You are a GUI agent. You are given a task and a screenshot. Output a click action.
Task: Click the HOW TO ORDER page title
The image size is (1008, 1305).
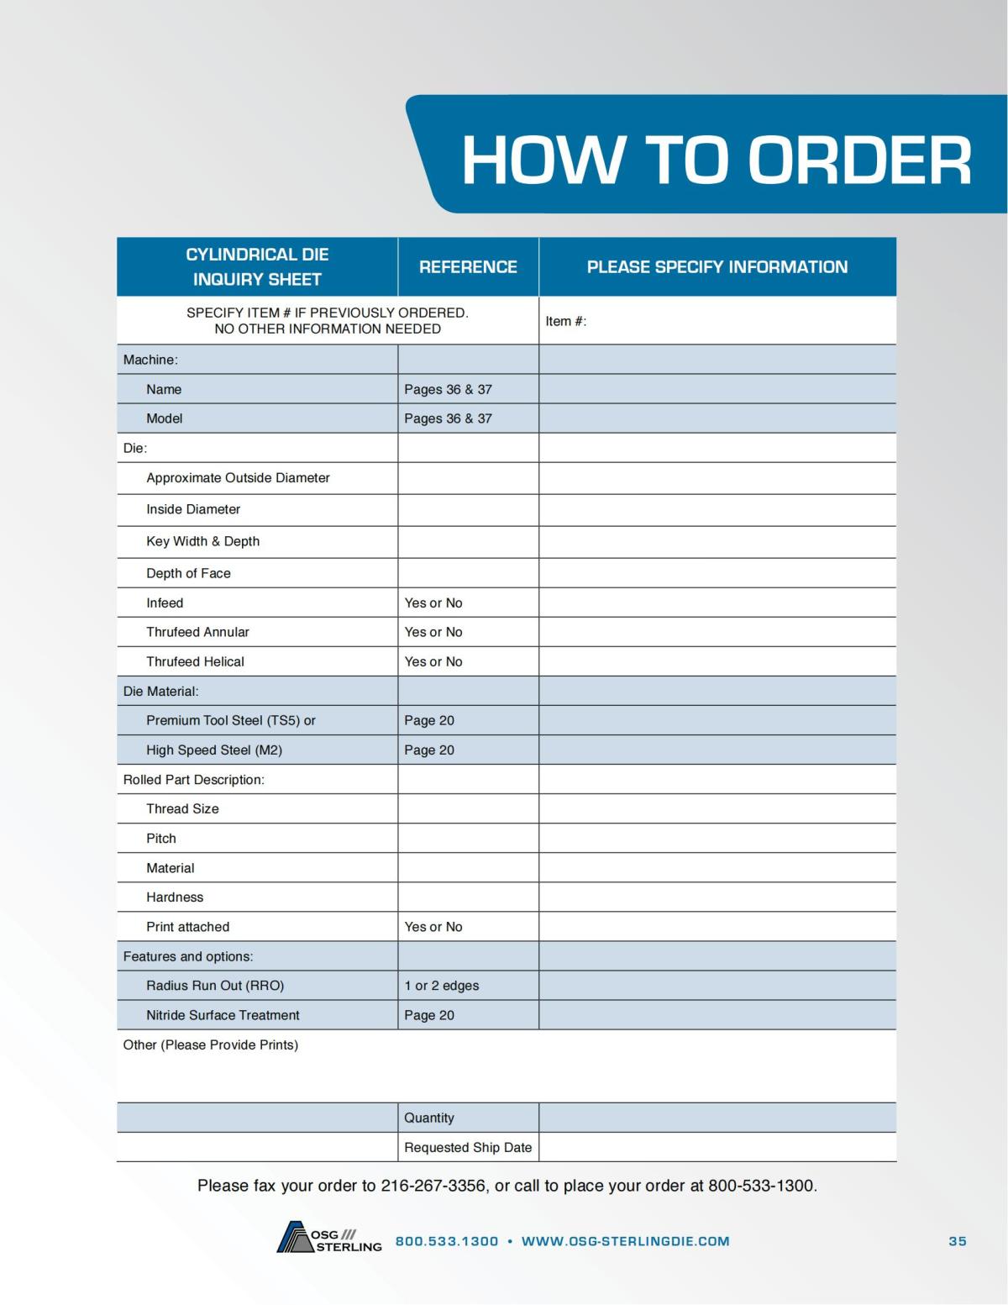pos(716,160)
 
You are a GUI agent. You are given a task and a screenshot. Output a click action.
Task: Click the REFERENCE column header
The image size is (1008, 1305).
pos(468,267)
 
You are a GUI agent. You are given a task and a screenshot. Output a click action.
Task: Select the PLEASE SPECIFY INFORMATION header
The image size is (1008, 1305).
pos(717,267)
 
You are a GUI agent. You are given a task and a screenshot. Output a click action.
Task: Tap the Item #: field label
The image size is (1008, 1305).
pos(565,321)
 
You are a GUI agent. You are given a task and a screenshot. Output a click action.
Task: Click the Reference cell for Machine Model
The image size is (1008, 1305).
pos(448,418)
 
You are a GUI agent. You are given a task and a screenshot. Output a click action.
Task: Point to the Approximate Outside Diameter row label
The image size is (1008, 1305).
pos(238,478)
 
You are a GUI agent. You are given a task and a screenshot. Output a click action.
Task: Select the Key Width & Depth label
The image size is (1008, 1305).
pos(202,541)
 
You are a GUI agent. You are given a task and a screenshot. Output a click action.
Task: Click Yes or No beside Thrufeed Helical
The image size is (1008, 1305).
pos(433,661)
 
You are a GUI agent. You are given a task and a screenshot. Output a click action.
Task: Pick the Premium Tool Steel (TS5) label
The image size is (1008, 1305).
pos(230,720)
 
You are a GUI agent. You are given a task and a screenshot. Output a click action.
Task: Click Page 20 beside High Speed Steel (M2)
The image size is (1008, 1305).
pos(428,750)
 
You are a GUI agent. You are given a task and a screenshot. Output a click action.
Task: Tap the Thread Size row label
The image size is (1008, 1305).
pos(182,808)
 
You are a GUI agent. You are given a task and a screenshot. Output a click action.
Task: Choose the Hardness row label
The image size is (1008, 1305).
pos(175,897)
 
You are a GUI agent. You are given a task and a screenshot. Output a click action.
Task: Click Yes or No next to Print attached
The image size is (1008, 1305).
pos(433,927)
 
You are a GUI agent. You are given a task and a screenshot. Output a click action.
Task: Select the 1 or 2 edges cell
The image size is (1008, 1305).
pos(441,986)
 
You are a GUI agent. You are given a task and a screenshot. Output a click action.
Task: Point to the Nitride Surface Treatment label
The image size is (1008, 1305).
pos(223,1015)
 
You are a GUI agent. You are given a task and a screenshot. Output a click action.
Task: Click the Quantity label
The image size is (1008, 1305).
pos(428,1118)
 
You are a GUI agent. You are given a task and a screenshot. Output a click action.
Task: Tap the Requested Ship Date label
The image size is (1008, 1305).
pos(467,1147)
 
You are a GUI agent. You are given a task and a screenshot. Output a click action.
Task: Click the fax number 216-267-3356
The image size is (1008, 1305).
pos(433,1186)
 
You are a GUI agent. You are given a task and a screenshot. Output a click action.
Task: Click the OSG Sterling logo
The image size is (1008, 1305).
pos(329,1239)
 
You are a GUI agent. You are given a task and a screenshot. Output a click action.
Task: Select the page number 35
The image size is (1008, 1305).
pos(957,1241)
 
